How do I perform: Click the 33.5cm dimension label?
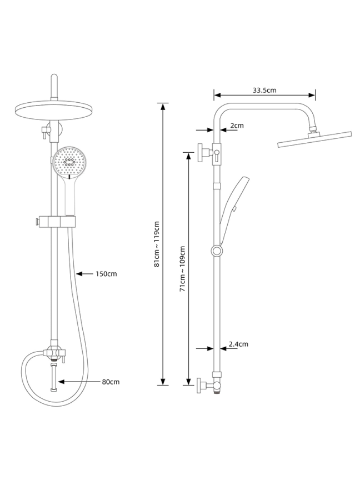click(x=264, y=90)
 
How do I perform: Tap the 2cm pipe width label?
click(x=237, y=126)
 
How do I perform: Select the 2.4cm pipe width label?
click(x=238, y=344)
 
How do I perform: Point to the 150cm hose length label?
click(x=106, y=274)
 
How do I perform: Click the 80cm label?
click(x=111, y=382)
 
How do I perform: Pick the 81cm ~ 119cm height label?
click(x=157, y=244)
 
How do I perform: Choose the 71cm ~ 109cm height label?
click(x=182, y=268)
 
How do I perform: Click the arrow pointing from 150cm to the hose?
click(x=84, y=274)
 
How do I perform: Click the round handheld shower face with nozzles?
click(x=70, y=162)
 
